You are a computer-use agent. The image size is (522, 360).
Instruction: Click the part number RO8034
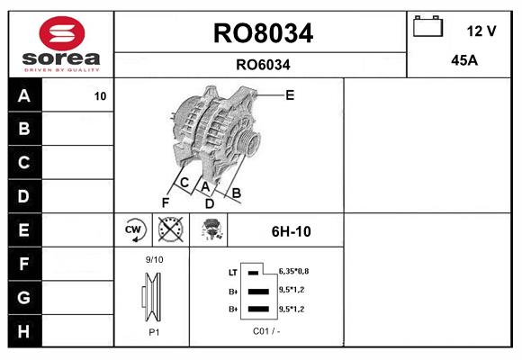tap(263, 33)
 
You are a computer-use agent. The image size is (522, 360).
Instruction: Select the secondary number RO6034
tap(263, 64)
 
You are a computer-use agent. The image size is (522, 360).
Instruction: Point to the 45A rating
tap(463, 61)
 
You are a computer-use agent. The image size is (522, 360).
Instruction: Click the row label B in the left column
tap(24, 129)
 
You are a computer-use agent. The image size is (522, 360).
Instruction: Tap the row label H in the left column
tap(24, 330)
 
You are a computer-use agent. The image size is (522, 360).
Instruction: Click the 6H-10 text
tap(291, 231)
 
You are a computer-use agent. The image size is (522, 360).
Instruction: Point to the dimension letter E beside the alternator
tap(290, 94)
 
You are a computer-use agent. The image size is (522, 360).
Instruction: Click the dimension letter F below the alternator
tap(165, 202)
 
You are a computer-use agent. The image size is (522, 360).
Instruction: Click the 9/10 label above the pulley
tap(154, 259)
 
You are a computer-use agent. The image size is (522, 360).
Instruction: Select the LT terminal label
tap(233, 272)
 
